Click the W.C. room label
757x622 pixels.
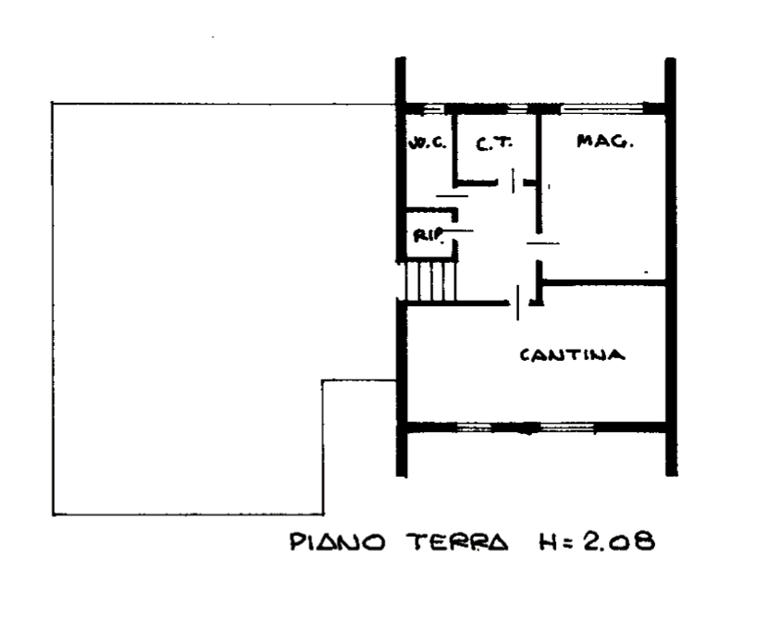coord(428,143)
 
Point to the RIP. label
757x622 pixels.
coord(428,235)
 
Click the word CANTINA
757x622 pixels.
coord(573,355)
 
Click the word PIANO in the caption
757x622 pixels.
coord(338,541)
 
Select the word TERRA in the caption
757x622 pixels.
coord(455,541)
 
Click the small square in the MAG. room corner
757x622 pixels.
coord(647,272)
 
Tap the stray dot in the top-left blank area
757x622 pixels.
coord(213,38)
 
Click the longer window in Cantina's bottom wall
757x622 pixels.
coord(566,427)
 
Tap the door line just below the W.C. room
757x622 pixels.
coord(452,196)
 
